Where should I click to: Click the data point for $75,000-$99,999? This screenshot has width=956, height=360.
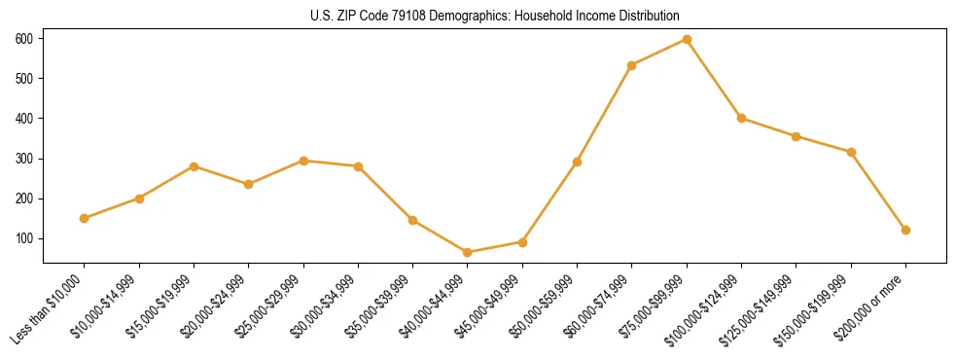coord(687,39)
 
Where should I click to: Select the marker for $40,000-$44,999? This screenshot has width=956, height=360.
coord(468,252)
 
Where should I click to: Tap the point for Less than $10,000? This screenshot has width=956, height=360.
coord(85,218)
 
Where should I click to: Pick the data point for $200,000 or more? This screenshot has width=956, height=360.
coord(905,230)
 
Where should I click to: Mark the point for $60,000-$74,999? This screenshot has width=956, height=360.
coord(632,65)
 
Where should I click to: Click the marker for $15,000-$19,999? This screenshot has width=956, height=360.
coord(194,166)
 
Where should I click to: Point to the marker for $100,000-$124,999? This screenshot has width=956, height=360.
coord(741,118)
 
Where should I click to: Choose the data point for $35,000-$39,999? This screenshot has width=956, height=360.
coord(413,220)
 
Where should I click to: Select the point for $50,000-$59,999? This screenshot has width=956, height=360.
coord(578,162)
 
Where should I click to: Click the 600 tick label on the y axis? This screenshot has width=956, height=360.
coord(23,39)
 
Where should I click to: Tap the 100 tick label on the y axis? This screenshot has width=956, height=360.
coord(23,238)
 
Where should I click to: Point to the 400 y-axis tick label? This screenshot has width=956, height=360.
coord(23,119)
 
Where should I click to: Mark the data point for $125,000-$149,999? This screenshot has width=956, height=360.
coord(796,136)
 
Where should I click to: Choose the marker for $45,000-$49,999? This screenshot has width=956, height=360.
coord(522,241)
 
